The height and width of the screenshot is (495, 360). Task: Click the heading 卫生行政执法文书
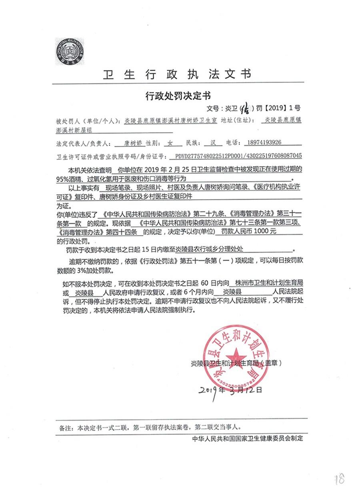(x=178, y=74)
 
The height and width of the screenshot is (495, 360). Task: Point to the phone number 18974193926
(x=264, y=142)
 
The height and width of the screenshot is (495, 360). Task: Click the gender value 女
(x=170, y=142)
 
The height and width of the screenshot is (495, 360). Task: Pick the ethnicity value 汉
(x=213, y=142)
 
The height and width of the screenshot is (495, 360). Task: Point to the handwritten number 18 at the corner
(x=340, y=479)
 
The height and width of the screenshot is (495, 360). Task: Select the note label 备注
(x=66, y=427)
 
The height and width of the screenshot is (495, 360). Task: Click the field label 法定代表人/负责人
(x=83, y=142)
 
